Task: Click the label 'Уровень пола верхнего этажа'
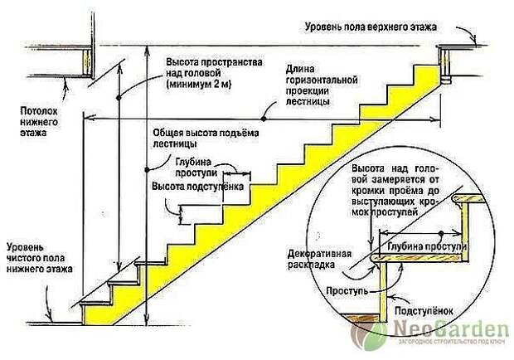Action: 371,27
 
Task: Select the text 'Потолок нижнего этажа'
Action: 39,122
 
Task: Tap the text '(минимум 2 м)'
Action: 199,85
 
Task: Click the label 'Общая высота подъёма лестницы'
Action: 206,139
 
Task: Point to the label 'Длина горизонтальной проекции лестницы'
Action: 322,85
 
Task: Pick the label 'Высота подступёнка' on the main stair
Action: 197,187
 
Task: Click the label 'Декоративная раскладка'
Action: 320,259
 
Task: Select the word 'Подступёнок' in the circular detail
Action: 424,310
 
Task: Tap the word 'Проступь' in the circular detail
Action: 347,291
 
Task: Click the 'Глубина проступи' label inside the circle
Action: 427,246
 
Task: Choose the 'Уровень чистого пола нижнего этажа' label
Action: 39,258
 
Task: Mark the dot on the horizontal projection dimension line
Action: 264,119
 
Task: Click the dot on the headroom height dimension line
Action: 119,98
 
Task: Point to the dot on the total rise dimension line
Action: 147,169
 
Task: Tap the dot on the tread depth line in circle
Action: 442,233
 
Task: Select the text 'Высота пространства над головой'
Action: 214,67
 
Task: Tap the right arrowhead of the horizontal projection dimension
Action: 436,119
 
